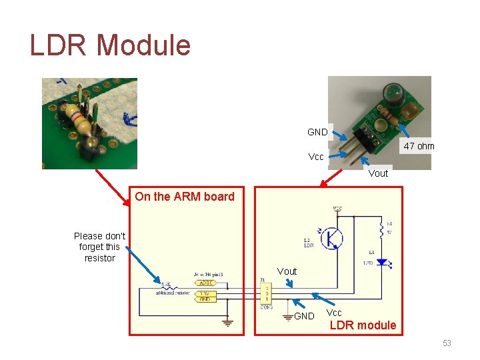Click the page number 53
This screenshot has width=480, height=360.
click(x=447, y=343)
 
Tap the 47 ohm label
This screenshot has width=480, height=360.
click(x=419, y=146)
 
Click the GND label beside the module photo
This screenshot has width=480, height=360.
click(x=317, y=132)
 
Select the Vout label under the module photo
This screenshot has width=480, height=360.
click(x=378, y=173)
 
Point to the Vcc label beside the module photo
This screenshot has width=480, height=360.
click(x=316, y=157)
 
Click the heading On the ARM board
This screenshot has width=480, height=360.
click(x=185, y=196)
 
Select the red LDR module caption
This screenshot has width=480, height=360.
click(x=363, y=325)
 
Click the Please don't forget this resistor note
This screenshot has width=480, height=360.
click(x=99, y=247)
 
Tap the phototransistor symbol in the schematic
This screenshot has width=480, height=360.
click(x=331, y=238)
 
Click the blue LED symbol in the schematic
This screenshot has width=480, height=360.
click(x=382, y=262)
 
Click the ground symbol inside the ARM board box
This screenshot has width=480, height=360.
click(x=227, y=323)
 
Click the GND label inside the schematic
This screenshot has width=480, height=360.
click(x=304, y=316)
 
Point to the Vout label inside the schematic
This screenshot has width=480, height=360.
click(x=287, y=271)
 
